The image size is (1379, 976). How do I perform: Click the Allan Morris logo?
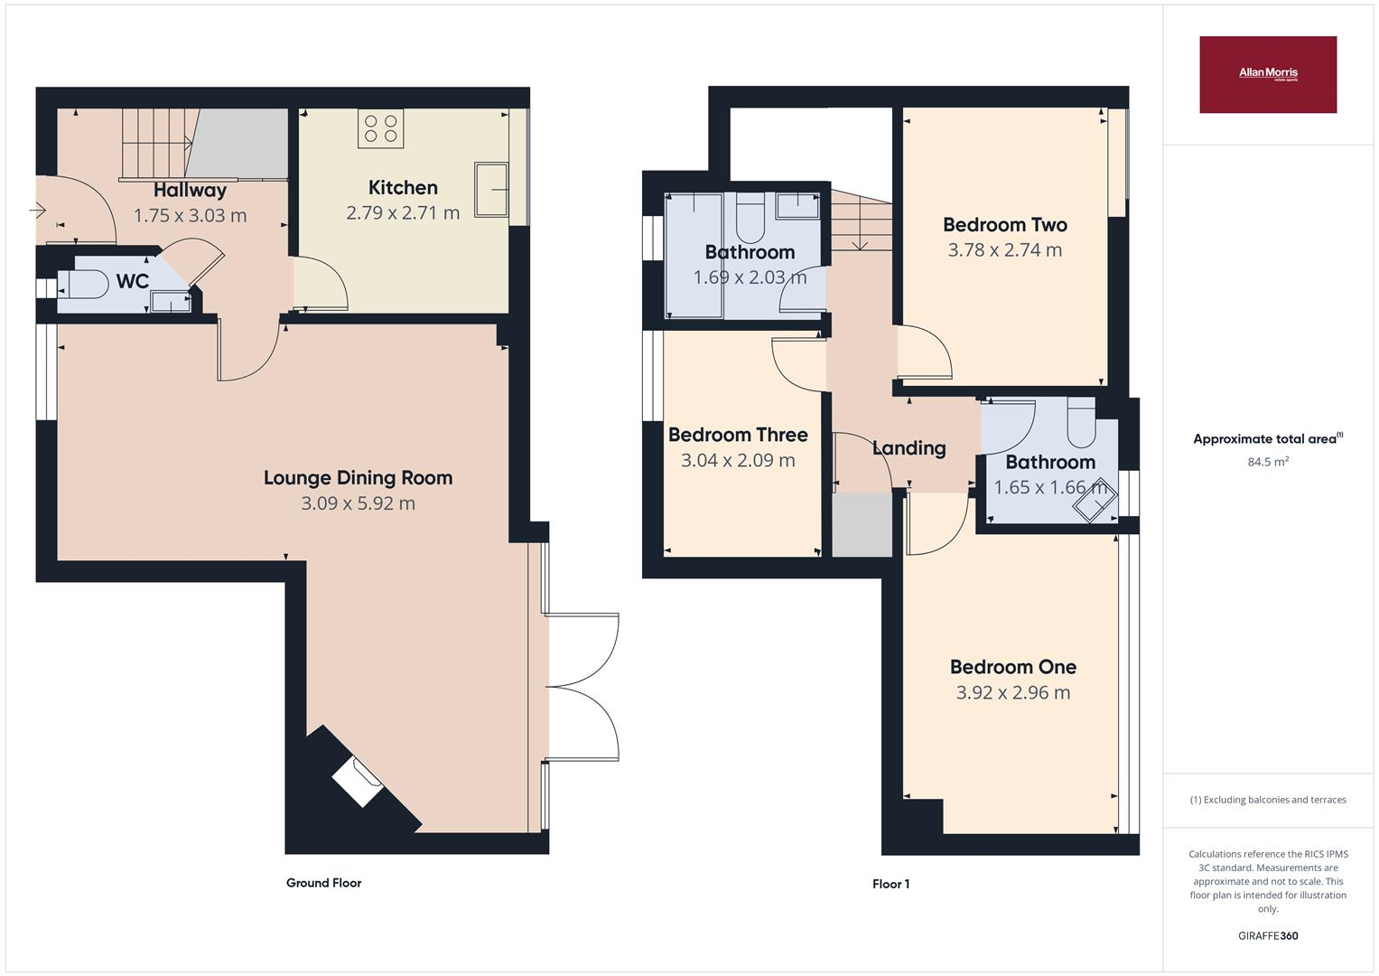1267,74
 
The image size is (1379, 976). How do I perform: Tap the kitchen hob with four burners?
380,127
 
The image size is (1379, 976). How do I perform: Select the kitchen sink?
491,190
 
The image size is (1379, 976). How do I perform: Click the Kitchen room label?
403,188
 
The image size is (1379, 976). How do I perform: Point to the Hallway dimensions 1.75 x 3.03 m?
190,216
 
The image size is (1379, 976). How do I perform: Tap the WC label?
132,281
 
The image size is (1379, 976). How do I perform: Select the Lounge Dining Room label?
358,478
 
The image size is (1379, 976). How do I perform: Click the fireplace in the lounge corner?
359,780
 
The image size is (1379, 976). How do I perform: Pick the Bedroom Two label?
1004,225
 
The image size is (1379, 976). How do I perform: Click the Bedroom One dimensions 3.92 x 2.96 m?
1012,693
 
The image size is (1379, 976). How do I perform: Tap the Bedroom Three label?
738,435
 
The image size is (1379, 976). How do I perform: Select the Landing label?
908,448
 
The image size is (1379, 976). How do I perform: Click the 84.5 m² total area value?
1267,462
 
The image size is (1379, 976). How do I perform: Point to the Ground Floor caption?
323,883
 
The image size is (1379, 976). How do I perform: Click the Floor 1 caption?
890,884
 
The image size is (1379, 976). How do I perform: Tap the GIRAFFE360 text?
1267,936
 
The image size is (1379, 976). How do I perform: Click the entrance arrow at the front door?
38,211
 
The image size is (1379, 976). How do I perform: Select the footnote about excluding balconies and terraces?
1267,800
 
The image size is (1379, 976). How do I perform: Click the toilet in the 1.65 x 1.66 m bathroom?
1081,424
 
